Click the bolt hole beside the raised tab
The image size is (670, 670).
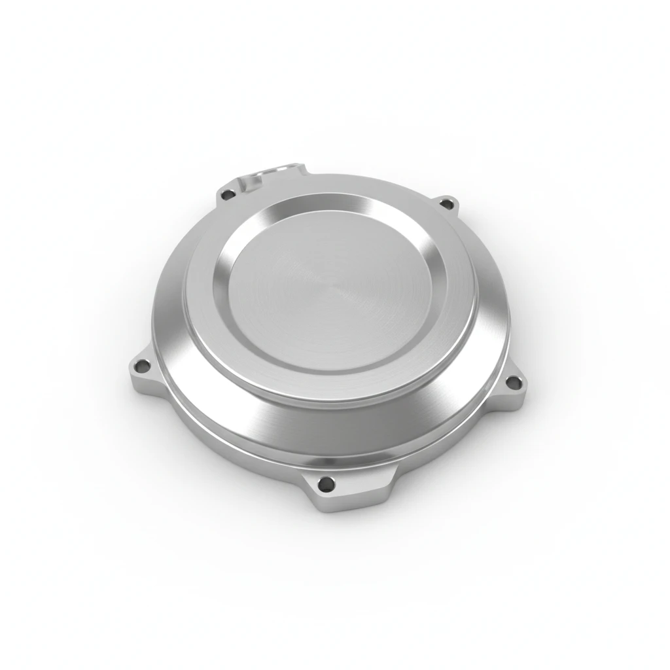point(227,194)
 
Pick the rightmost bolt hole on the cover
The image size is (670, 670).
point(514,382)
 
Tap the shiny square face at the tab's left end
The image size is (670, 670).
point(249,183)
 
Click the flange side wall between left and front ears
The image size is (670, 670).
point(216,445)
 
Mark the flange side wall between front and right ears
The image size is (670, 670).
point(451,451)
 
